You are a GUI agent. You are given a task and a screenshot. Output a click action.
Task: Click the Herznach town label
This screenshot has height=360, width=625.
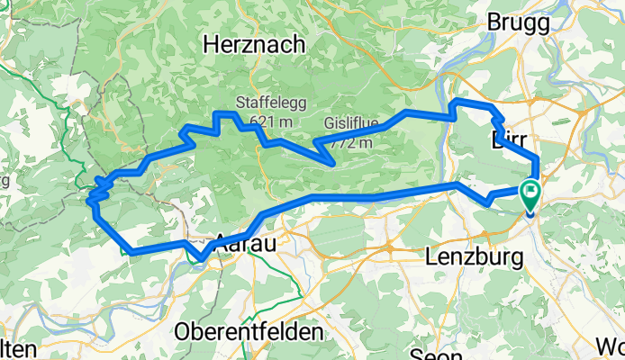[x=253, y=44]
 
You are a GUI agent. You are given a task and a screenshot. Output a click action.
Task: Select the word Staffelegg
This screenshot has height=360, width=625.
[x=266, y=103]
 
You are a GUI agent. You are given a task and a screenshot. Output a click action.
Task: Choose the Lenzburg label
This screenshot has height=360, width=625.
[x=473, y=257]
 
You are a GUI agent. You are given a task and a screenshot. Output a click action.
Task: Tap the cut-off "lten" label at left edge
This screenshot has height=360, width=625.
[x=18, y=349]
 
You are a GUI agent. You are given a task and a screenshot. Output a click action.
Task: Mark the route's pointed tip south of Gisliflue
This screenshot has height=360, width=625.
[x=333, y=163]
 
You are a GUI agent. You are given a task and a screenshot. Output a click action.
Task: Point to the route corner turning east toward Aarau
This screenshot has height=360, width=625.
[x=131, y=252]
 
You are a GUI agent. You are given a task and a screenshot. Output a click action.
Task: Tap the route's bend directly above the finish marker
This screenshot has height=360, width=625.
[x=537, y=160]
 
